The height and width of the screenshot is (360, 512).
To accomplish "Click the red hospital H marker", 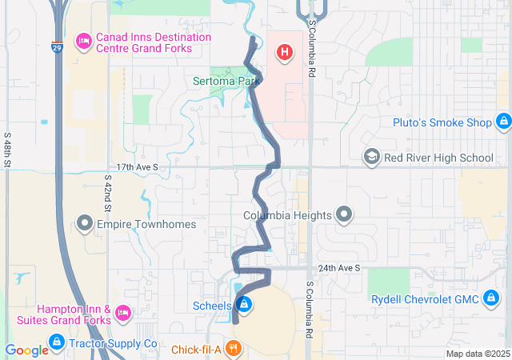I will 283,54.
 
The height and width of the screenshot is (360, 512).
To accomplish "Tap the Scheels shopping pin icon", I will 246,305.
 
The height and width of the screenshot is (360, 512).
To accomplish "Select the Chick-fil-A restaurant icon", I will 233,349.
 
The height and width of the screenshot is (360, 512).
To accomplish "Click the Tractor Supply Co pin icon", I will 57,343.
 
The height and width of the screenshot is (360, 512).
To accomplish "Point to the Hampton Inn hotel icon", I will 123,311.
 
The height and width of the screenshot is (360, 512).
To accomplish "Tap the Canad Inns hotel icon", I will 83,41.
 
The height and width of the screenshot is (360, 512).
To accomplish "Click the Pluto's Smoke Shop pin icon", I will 503,122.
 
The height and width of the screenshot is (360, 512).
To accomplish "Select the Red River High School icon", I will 371,157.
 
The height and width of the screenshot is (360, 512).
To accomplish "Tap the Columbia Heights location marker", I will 344,214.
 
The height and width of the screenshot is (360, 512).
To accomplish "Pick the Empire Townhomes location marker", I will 86,223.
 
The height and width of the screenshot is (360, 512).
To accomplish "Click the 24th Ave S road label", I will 338,267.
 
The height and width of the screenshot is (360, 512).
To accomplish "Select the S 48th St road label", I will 6,150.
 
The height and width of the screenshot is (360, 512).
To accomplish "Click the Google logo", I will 26,350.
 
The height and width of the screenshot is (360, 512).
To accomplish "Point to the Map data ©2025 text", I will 477,354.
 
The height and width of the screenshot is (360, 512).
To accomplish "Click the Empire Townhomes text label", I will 146,224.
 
